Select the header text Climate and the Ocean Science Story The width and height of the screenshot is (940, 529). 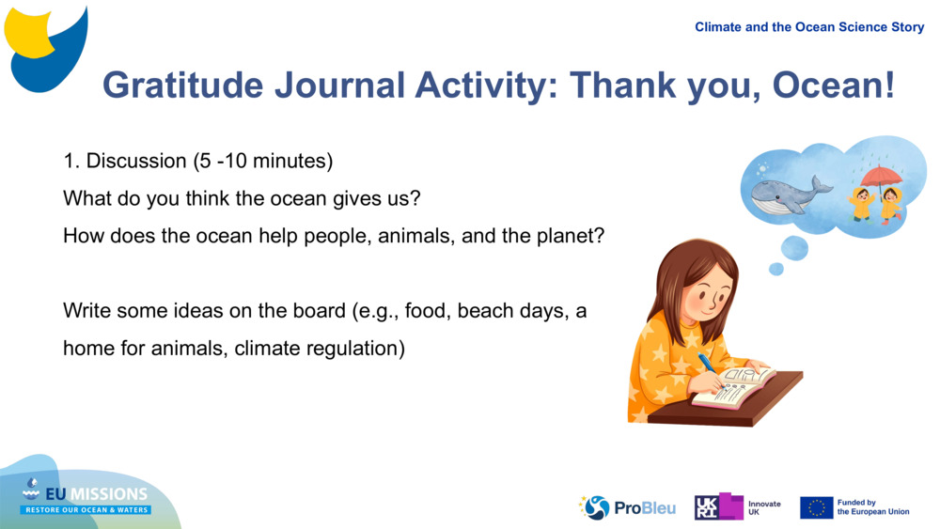pos(809,27)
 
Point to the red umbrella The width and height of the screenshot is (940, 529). pos(881,176)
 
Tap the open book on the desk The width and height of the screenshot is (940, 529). pos(734,386)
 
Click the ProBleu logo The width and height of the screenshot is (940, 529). pos(627,507)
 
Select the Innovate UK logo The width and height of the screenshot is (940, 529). pos(737,507)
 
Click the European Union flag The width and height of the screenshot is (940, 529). pos(816,507)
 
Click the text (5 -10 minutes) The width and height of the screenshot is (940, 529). pos(263,161)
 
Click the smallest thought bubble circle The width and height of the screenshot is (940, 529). pos(775,269)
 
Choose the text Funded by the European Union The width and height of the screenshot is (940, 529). pos(873,507)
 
